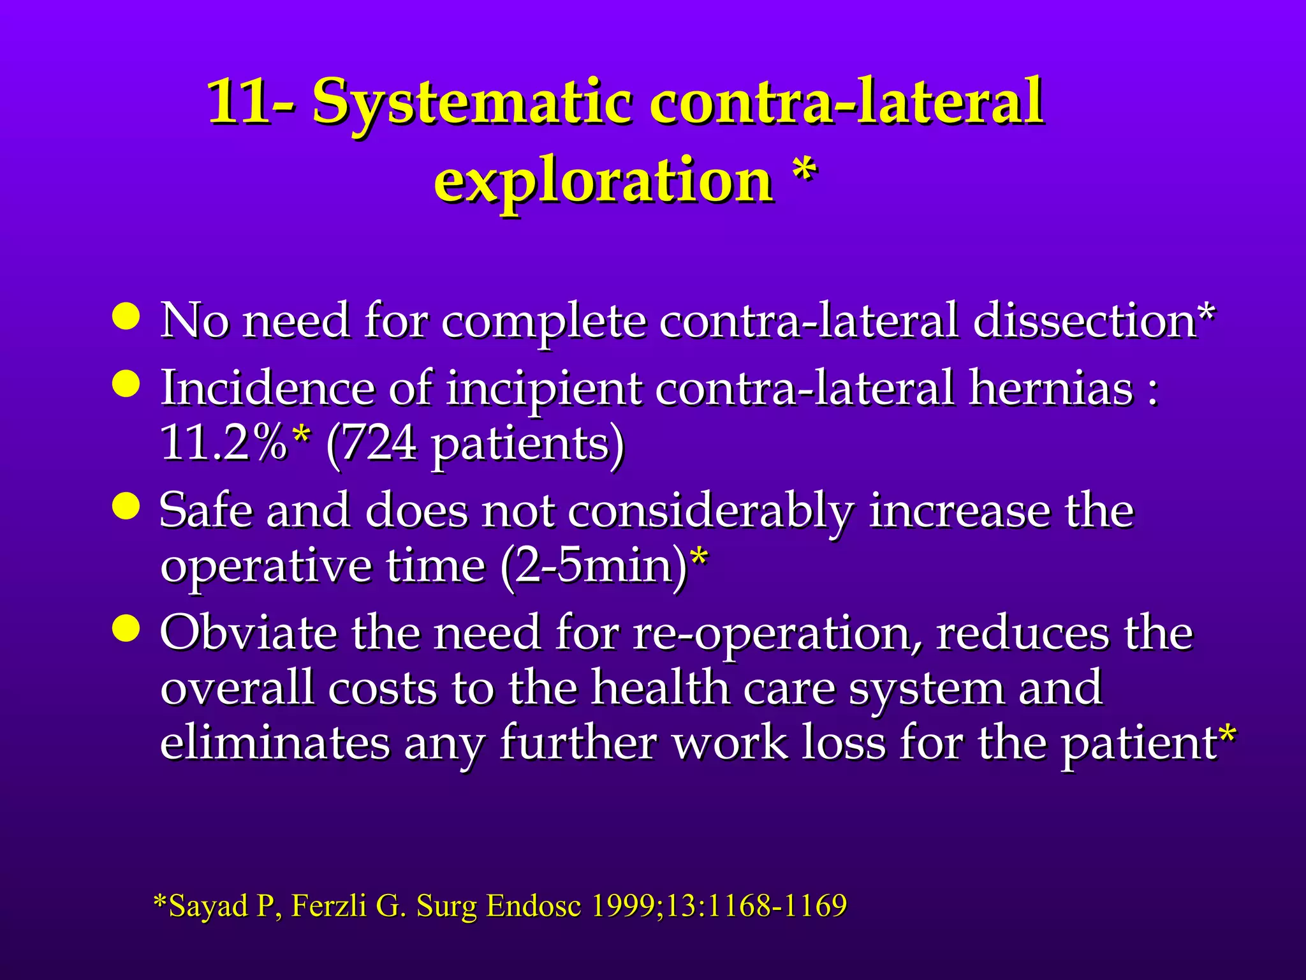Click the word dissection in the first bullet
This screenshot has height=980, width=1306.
[1084, 320]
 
